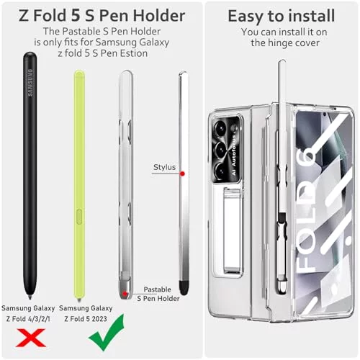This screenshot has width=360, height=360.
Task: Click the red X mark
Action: click(x=31, y=338)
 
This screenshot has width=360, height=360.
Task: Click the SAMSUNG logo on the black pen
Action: click(x=30, y=83)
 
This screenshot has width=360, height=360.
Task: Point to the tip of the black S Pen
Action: click(x=30, y=298)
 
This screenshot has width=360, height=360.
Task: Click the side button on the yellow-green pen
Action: click(x=79, y=217)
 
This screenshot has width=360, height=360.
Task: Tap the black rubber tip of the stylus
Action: click(x=184, y=288)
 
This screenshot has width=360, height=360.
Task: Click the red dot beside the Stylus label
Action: click(x=182, y=174)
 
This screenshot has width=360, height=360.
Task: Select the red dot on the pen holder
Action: click(x=125, y=294)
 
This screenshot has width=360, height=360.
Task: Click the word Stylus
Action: click(x=164, y=167)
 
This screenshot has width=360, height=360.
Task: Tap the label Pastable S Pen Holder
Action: click(x=158, y=294)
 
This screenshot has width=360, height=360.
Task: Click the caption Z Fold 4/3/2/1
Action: click(x=28, y=319)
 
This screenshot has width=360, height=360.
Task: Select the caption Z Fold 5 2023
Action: click(x=86, y=319)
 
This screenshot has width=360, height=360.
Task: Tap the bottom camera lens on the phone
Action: click(x=220, y=171)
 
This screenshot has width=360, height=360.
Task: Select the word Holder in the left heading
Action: click(x=159, y=16)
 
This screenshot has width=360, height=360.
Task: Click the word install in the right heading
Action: click(x=311, y=16)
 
